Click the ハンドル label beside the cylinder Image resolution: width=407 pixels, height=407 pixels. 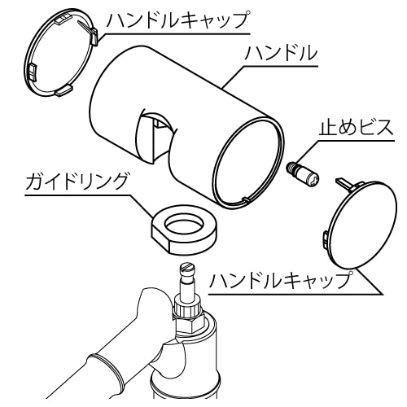point(281,53)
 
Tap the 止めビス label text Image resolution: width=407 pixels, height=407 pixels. point(356,128)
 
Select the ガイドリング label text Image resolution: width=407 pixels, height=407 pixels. point(77,182)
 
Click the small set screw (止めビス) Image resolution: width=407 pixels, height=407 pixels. point(304,175)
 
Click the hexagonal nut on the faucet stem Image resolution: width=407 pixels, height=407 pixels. point(189,324)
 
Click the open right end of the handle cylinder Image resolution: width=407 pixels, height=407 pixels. point(249,162)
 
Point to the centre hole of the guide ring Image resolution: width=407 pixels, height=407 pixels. point(185,223)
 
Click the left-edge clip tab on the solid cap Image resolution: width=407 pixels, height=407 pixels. point(326,239)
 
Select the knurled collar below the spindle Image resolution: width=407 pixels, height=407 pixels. point(188,310)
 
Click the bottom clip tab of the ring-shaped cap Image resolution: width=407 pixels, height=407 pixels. point(64,90)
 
